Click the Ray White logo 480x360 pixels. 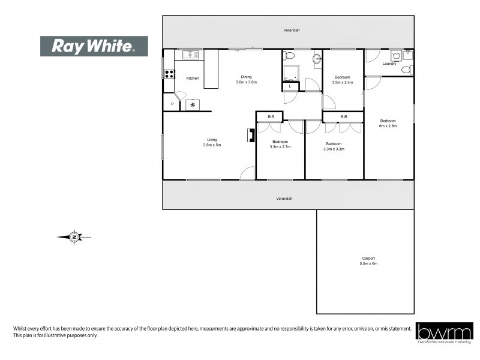[x=94, y=46]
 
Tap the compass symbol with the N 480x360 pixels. [x=74, y=237]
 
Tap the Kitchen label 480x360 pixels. [x=193, y=79]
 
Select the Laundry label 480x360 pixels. [x=388, y=64]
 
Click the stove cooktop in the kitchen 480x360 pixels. [x=169, y=74]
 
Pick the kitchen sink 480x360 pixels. [x=191, y=55]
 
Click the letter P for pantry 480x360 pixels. [x=172, y=104]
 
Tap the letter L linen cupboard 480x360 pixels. [x=290, y=86]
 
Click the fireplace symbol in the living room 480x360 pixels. [x=250, y=136]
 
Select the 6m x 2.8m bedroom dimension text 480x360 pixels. [x=388, y=126]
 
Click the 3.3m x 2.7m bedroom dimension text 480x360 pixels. [x=280, y=146]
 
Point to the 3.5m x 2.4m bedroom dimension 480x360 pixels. [x=342, y=82]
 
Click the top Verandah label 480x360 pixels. [x=292, y=30]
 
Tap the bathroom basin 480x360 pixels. [x=316, y=58]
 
